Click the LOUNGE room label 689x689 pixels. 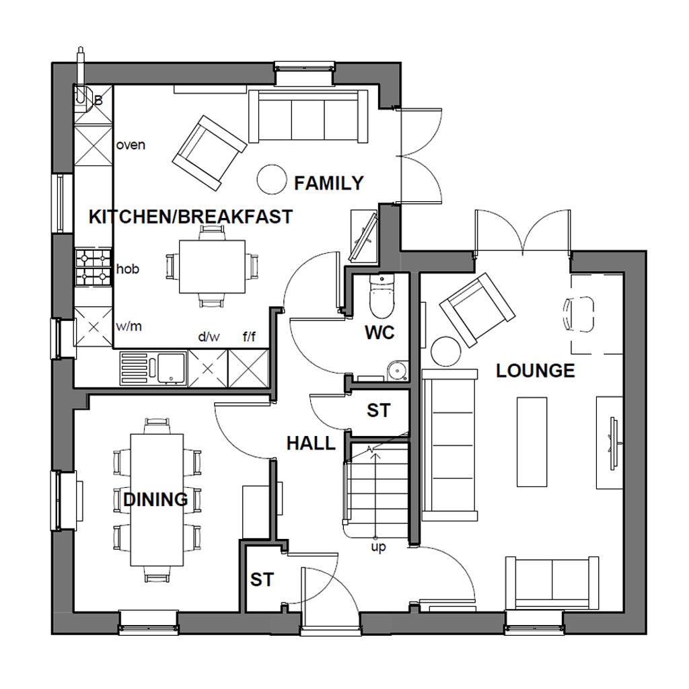coord(536,371)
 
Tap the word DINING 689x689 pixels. coord(155,500)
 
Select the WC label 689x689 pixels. coord(379,332)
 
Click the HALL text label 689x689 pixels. coord(310,443)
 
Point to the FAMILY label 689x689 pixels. coord(329,183)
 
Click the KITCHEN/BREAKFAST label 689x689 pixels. coord(191,217)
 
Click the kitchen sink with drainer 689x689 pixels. coord(153,369)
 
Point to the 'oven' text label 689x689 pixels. coord(131,145)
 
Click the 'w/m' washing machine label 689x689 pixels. coord(129,327)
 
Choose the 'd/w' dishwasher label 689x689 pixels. coord(208,336)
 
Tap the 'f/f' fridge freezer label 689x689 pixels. coord(249,336)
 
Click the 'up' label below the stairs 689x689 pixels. coord(378,548)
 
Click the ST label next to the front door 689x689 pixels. coord(262,579)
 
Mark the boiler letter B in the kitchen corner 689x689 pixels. coord(98,101)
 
